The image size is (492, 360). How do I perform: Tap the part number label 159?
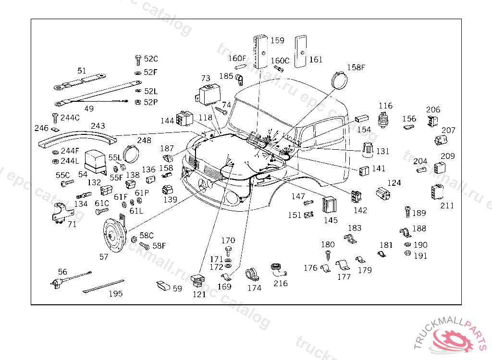pos(277,40)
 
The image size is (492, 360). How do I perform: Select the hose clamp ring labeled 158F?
pos(340,80)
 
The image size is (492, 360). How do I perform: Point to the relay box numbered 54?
pos(96,162)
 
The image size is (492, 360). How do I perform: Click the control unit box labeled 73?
pos(208,94)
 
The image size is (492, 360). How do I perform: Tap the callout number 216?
pos(281,284)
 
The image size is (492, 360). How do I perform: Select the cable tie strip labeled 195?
pos(103,286)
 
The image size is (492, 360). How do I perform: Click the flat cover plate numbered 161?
pos(300,51)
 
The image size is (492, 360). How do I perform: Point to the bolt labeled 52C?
pos(138,60)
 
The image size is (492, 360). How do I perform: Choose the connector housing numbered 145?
pos(330,204)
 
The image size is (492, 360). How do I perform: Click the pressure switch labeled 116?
pos(382,119)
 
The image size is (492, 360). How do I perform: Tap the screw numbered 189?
pos(407,212)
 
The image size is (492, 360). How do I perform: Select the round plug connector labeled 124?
pos(383,193)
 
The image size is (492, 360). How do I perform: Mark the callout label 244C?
pos(70,118)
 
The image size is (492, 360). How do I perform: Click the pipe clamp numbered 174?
pos(252,275)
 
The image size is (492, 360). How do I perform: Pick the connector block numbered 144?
pos(184,119)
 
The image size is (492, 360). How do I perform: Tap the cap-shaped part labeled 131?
pos(368,150)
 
